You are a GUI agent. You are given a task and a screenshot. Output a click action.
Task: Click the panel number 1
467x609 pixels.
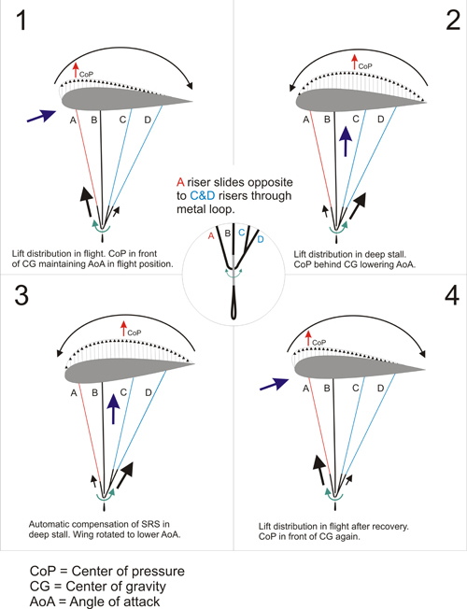(x=21, y=21)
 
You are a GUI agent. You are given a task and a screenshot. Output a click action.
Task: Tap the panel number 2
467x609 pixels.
(x=453, y=21)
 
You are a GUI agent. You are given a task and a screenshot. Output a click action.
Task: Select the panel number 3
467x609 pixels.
(x=21, y=295)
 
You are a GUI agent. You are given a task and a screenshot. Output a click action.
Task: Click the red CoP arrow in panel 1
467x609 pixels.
(x=76, y=70)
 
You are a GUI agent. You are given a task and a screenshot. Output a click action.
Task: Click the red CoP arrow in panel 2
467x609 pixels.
(x=354, y=63)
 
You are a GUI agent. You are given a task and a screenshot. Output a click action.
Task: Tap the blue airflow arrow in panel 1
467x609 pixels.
(x=42, y=116)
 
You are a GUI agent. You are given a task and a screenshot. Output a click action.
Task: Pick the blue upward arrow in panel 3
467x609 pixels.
(x=113, y=408)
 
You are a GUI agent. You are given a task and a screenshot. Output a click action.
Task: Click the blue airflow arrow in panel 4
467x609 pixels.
(x=275, y=384)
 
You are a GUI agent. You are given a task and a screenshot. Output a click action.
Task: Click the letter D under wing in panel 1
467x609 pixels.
(x=148, y=120)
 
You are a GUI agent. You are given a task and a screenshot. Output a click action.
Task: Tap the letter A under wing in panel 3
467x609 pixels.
(x=74, y=393)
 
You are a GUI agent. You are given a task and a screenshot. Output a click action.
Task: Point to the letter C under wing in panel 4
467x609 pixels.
(x=356, y=388)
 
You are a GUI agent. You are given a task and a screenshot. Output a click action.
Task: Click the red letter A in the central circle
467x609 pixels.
(x=211, y=235)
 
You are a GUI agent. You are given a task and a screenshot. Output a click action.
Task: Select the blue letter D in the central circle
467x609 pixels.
(x=261, y=239)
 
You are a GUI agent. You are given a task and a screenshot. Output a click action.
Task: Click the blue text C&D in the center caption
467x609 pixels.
(x=203, y=196)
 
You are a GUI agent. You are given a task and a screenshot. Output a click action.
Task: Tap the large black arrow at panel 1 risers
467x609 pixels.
(x=87, y=202)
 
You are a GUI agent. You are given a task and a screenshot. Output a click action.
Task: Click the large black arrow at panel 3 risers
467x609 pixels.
(x=125, y=475)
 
